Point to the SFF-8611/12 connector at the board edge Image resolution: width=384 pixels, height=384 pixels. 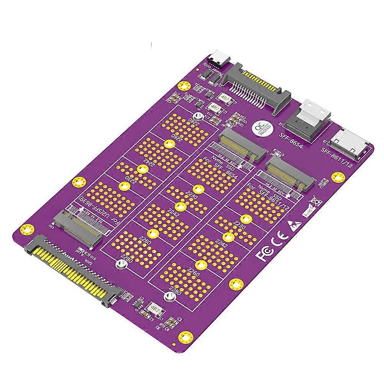point(351,144)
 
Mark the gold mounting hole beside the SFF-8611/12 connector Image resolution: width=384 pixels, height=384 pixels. point(338,176)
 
